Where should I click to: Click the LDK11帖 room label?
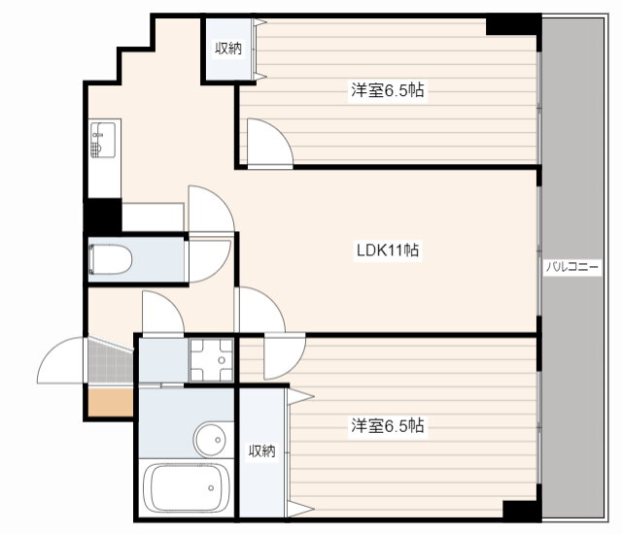point(388,250)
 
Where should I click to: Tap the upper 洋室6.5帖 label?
point(388,90)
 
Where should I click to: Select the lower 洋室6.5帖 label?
point(388,425)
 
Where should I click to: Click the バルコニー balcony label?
point(571,267)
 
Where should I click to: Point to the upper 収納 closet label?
point(228,49)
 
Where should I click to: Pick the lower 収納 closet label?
point(261,451)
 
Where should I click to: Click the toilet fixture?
point(111,259)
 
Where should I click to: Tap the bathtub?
point(186,488)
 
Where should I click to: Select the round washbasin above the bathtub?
point(210,439)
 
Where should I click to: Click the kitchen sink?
point(103,140)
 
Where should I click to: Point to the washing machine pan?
point(212,359)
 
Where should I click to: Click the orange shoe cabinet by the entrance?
point(110,403)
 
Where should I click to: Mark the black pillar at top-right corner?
point(513,26)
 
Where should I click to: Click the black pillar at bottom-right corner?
point(522,510)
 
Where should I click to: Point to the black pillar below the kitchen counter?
point(103,216)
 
